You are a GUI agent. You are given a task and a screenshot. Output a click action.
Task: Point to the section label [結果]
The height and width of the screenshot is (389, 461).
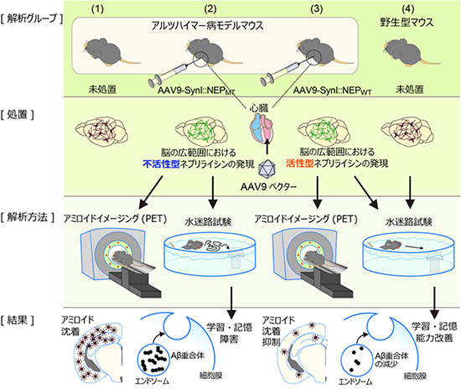point(23,319)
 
